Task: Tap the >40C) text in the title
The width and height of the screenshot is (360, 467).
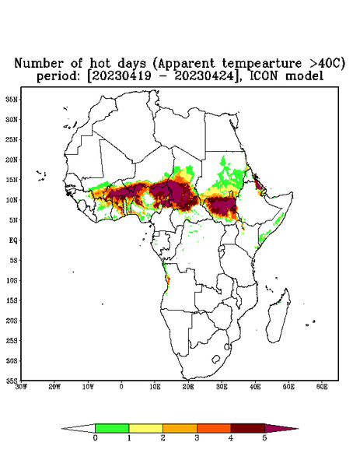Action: (327, 63)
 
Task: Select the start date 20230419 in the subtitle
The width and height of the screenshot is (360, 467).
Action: (120, 76)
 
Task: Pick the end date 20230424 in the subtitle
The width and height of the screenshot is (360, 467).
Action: (204, 76)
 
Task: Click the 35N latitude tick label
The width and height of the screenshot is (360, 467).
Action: (12, 99)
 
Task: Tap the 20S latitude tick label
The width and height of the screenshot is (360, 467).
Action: (12, 321)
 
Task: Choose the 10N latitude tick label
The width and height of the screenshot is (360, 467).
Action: (12, 200)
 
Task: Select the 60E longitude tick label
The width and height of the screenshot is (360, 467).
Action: (322, 387)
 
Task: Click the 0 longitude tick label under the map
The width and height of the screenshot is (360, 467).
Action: (121, 387)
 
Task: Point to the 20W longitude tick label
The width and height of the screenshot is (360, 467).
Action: (54, 387)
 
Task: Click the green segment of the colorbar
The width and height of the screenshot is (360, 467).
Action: (112, 428)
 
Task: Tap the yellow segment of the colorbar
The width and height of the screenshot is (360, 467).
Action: (145, 428)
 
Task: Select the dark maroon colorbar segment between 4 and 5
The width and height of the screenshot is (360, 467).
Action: (248, 428)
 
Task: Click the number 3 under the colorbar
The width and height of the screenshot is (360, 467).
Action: (197, 438)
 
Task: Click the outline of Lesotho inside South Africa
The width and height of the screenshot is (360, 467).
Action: (216, 359)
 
